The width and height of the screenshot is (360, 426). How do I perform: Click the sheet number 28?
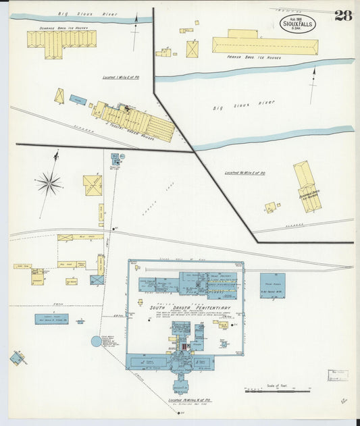343,16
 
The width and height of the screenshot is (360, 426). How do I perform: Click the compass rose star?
49,182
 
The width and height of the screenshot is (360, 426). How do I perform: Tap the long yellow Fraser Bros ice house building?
265,45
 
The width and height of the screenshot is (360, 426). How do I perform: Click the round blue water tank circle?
97,341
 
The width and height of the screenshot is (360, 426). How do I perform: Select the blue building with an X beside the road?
97,279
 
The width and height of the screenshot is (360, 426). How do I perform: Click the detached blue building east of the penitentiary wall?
272,285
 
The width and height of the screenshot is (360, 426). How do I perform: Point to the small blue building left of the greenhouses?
78,100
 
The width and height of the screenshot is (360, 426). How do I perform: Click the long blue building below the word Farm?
51,319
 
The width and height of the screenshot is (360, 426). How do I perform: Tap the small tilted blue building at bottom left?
18,358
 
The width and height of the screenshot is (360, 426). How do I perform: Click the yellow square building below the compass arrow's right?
93,185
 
